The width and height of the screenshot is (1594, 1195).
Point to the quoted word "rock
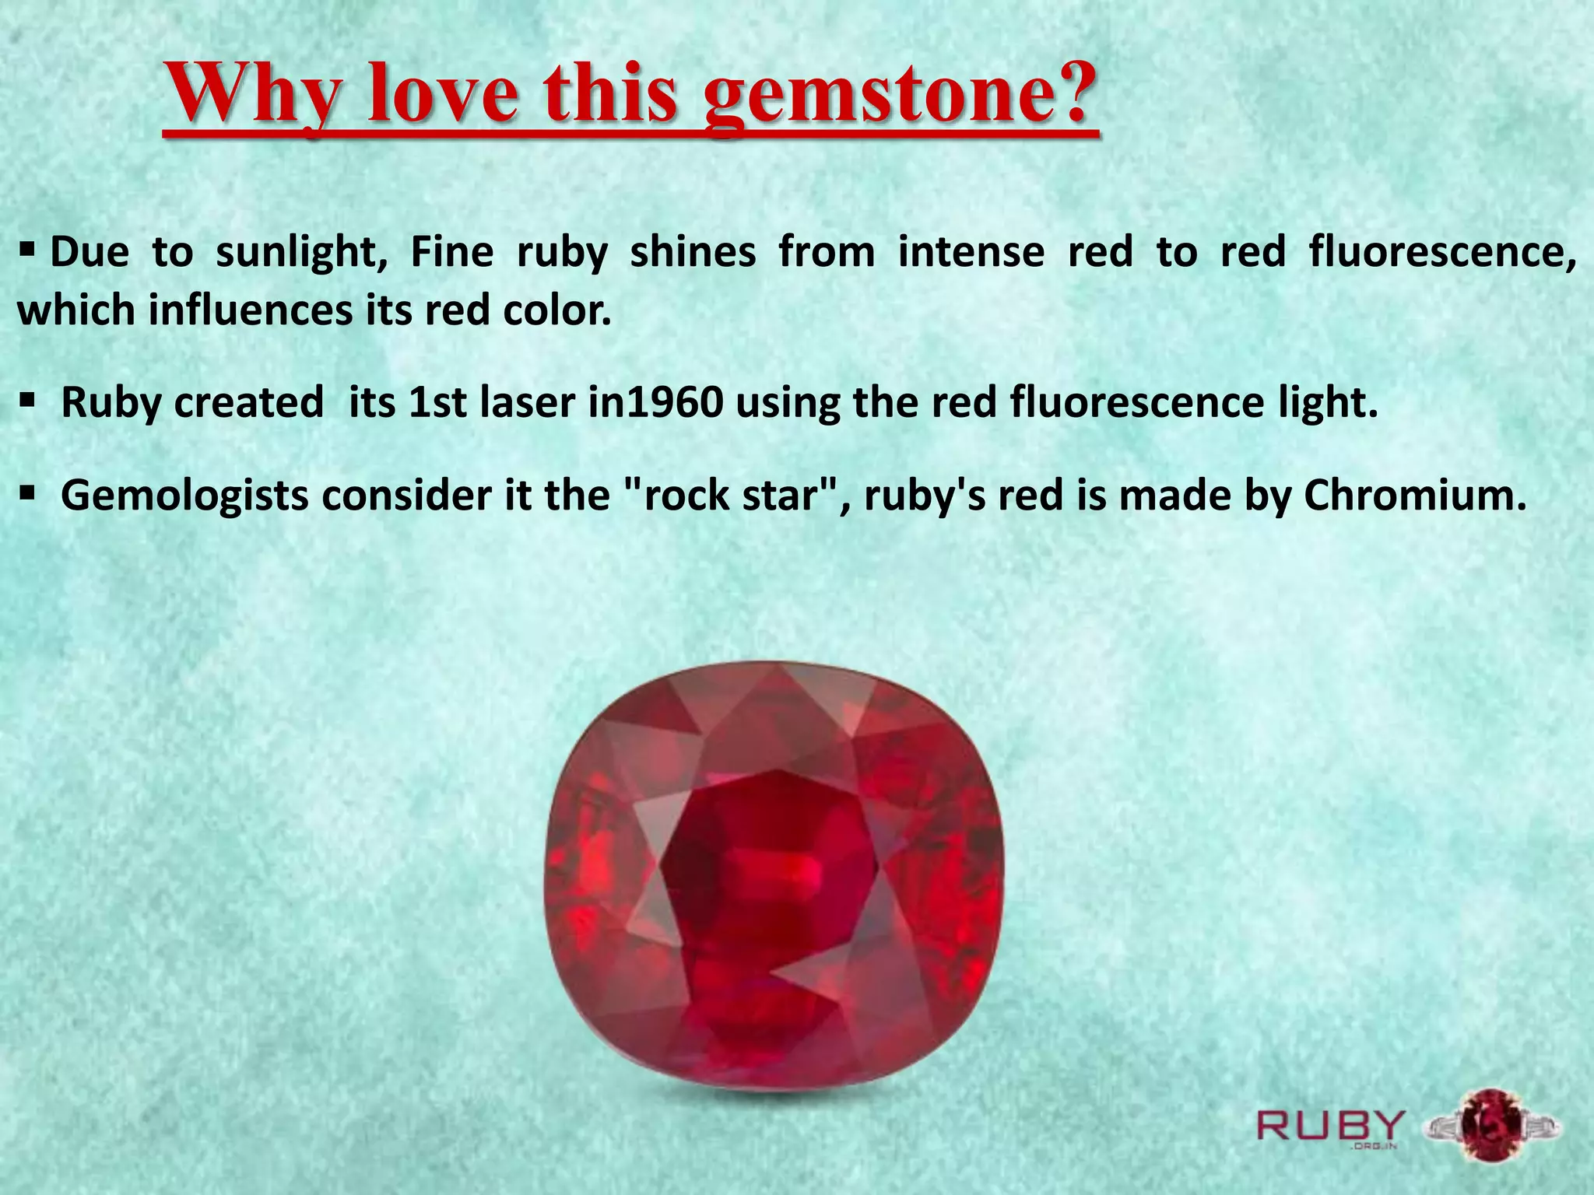[676, 495]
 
